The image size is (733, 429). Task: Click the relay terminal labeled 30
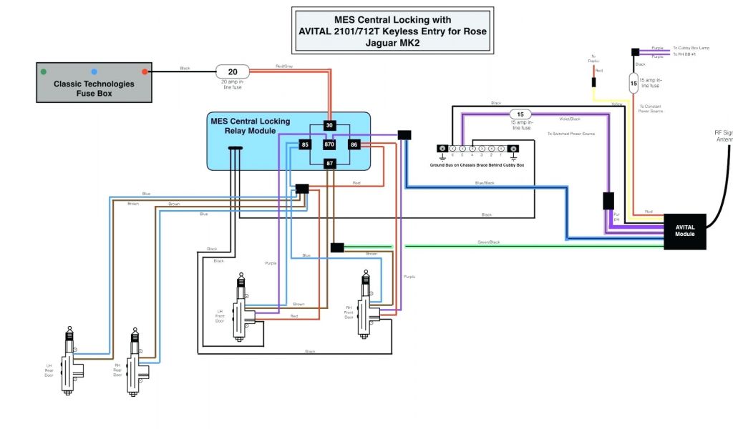[x=329, y=126]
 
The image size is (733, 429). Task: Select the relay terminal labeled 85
[x=304, y=145]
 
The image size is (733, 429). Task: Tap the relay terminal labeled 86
[x=354, y=145]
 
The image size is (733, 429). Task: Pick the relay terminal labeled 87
[x=329, y=164]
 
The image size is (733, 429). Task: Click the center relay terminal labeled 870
[x=329, y=145]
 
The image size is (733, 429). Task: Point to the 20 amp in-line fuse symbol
[x=233, y=71]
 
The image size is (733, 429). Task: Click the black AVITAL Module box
[x=684, y=232]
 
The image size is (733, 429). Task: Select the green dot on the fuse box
[x=44, y=71]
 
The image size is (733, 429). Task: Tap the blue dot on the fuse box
[x=94, y=71]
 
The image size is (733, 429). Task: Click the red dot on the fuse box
[x=145, y=71]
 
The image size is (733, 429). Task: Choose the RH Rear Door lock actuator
[x=135, y=363]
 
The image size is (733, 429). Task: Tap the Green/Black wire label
[x=489, y=243]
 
